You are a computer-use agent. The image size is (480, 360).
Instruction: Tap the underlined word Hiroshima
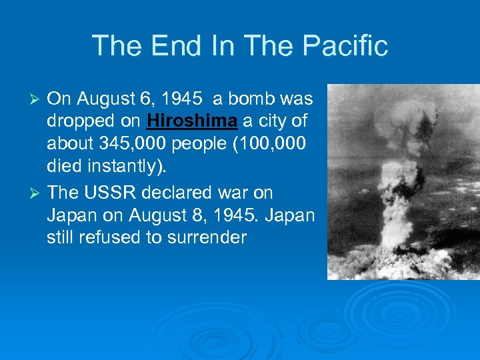click(x=192, y=122)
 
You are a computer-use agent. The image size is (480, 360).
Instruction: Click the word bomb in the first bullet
click(x=249, y=99)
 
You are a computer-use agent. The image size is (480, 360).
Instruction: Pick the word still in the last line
click(x=61, y=238)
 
